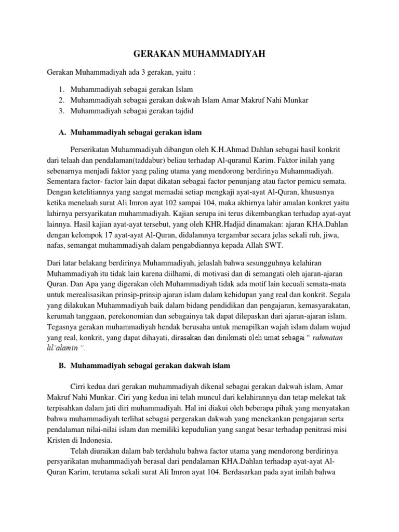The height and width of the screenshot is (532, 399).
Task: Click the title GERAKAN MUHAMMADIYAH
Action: pyautogui.click(x=199, y=54)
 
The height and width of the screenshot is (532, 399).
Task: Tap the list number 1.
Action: pyautogui.click(x=61, y=89)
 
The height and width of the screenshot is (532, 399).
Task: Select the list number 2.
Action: pyautogui.click(x=61, y=100)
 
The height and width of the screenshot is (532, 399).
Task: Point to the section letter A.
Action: pyautogui.click(x=62, y=132)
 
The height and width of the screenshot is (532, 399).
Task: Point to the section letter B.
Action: pyautogui.click(x=62, y=366)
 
